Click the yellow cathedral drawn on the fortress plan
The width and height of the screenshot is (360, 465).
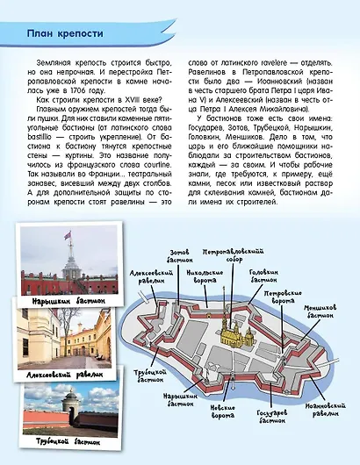[229, 333]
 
